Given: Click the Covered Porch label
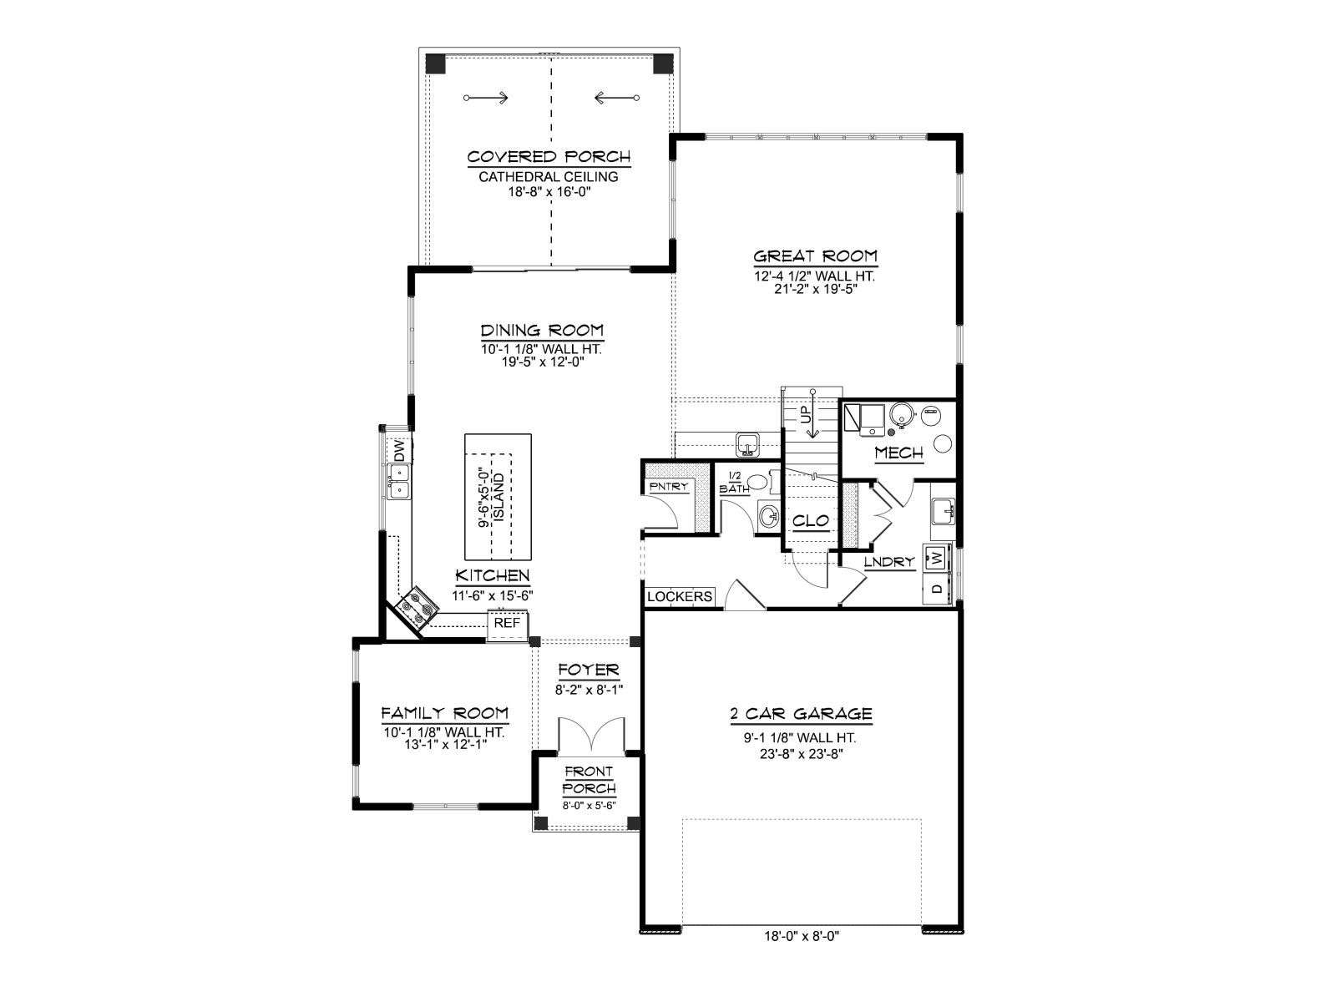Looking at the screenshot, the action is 549,157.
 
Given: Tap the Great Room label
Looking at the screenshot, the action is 815,256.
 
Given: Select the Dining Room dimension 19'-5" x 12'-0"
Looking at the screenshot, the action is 542,362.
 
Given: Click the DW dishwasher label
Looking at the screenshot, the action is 399,451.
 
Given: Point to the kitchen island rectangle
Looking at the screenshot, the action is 498,497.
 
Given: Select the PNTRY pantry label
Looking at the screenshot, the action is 668,487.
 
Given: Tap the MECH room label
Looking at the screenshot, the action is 899,453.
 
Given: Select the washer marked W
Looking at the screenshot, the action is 938,556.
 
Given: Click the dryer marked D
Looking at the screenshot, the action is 938,589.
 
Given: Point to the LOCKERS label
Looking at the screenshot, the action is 679,597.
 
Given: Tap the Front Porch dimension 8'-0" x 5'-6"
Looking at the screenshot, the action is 590,805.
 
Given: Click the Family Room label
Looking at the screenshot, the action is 444,713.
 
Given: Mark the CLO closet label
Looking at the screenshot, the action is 810,521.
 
